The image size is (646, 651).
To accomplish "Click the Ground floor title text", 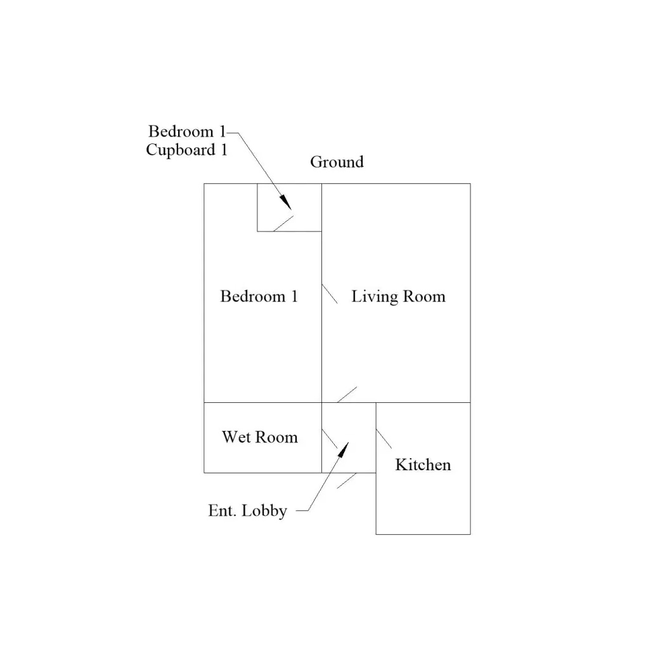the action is pyautogui.click(x=337, y=162).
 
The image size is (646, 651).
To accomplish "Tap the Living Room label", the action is pyautogui.click(x=398, y=297).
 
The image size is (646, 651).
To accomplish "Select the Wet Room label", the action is pyautogui.click(x=260, y=437).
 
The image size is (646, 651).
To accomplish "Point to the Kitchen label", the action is pyautogui.click(x=423, y=464).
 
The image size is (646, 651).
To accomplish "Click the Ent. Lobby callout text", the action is pyautogui.click(x=247, y=511).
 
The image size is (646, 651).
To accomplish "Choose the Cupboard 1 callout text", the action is pyautogui.click(x=187, y=150).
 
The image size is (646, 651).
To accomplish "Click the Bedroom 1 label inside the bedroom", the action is pyautogui.click(x=259, y=296).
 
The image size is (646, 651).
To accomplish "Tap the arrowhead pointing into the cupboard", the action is pyautogui.click(x=286, y=202).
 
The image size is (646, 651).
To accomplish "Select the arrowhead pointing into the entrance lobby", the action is pyautogui.click(x=343, y=450).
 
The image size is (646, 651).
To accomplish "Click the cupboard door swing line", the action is pyautogui.click(x=283, y=224).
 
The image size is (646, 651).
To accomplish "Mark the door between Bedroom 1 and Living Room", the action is pyautogui.click(x=330, y=294).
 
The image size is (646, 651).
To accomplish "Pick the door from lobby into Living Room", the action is pyautogui.click(x=347, y=395).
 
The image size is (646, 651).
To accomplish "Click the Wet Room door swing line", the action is pyautogui.click(x=330, y=439).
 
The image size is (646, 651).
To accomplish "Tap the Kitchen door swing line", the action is pyautogui.click(x=384, y=439).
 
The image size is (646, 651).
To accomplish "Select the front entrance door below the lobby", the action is pyautogui.click(x=346, y=481).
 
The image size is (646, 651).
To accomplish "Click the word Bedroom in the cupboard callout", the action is pyautogui.click(x=181, y=131).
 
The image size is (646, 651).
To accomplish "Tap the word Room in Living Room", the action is pyautogui.click(x=424, y=296).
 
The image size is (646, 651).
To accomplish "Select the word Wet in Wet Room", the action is pyautogui.click(x=236, y=437).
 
